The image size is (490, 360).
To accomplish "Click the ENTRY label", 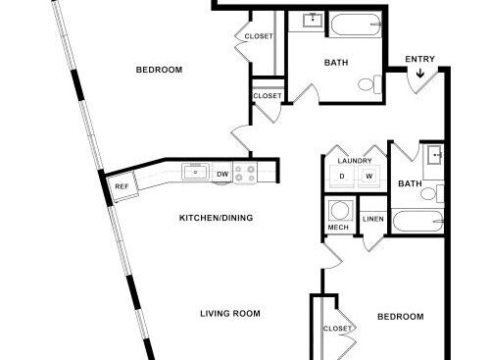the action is pyautogui.click(x=419, y=59).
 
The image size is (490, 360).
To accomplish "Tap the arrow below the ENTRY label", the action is pyautogui.click(x=420, y=74).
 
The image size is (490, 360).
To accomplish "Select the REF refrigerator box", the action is pyautogui.click(x=122, y=186).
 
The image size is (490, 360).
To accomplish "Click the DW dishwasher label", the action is pyautogui.click(x=222, y=175).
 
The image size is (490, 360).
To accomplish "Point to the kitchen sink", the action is pyautogui.click(x=195, y=172).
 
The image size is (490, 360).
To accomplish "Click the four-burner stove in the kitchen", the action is pyautogui.click(x=245, y=174).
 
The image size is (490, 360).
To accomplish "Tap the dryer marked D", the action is pyautogui.click(x=342, y=177).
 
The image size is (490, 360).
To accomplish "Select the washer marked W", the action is pyautogui.click(x=369, y=177).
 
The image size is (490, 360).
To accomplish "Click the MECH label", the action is pyautogui.click(x=338, y=228).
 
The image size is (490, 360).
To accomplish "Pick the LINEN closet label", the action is pyautogui.click(x=373, y=219).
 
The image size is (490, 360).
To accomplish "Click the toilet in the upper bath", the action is pyautogui.click(x=369, y=84).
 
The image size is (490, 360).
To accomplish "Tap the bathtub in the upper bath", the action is pyautogui.click(x=356, y=25).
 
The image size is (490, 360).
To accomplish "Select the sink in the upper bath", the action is pyautogui.click(x=313, y=21).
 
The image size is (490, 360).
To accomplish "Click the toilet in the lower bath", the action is pyautogui.click(x=432, y=193).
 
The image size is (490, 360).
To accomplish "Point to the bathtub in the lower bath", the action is pyautogui.click(x=417, y=222).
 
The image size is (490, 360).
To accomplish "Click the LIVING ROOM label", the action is pyautogui.click(x=230, y=314).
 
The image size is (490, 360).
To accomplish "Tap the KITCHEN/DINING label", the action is pyautogui.click(x=217, y=218).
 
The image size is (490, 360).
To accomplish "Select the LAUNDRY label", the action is pyautogui.click(x=355, y=161).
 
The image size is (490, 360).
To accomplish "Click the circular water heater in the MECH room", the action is pyautogui.click(x=340, y=210).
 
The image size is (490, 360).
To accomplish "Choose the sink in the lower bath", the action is pyautogui.click(x=434, y=155).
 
